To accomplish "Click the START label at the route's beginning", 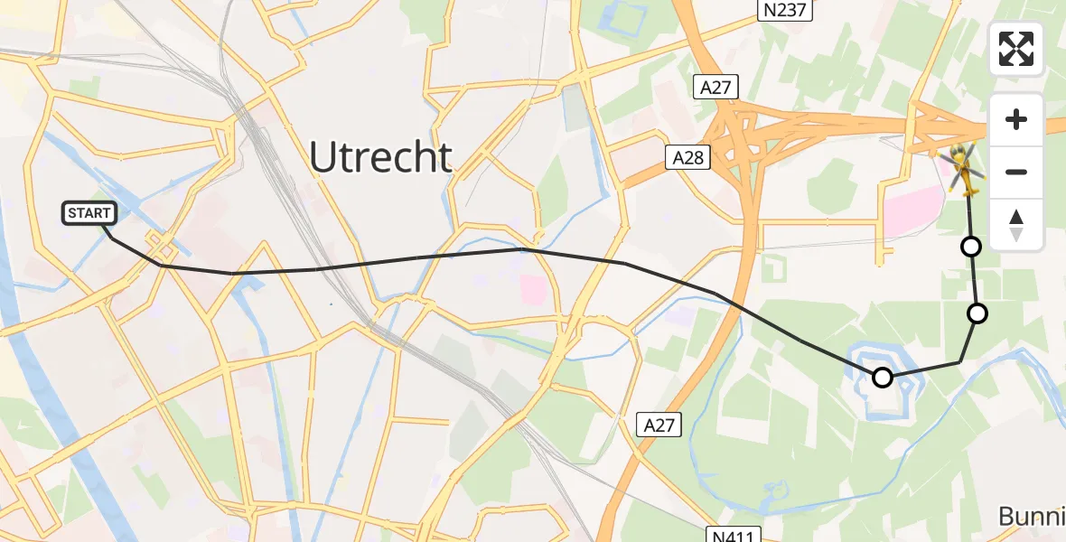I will pos(89,213).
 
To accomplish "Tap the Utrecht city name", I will pos(380,157).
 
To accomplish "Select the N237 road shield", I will pos(784,10).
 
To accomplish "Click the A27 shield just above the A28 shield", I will pos(716,87).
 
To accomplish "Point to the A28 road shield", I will pos(686,157).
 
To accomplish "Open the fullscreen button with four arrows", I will pos(1016,49).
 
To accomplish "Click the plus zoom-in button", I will pos(1016,119).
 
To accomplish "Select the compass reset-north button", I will pos(1016,224).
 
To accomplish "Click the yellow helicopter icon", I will pos(962,170).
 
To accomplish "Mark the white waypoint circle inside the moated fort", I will pos(883,378).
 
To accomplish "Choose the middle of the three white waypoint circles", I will pos(977,313).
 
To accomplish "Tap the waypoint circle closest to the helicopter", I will pos(970,246).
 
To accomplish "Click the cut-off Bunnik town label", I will pos(1032,517).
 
